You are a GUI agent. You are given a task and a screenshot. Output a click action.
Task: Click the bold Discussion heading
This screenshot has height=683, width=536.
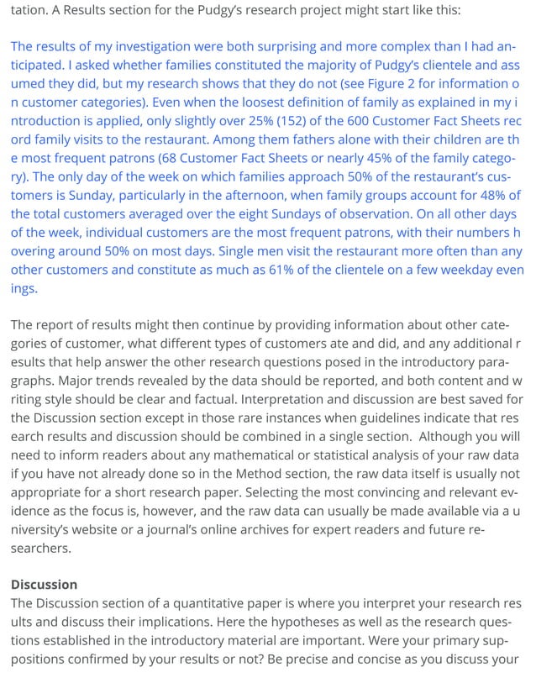point(44,584)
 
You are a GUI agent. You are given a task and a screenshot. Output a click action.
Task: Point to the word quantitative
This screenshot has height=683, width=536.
point(209,602)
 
